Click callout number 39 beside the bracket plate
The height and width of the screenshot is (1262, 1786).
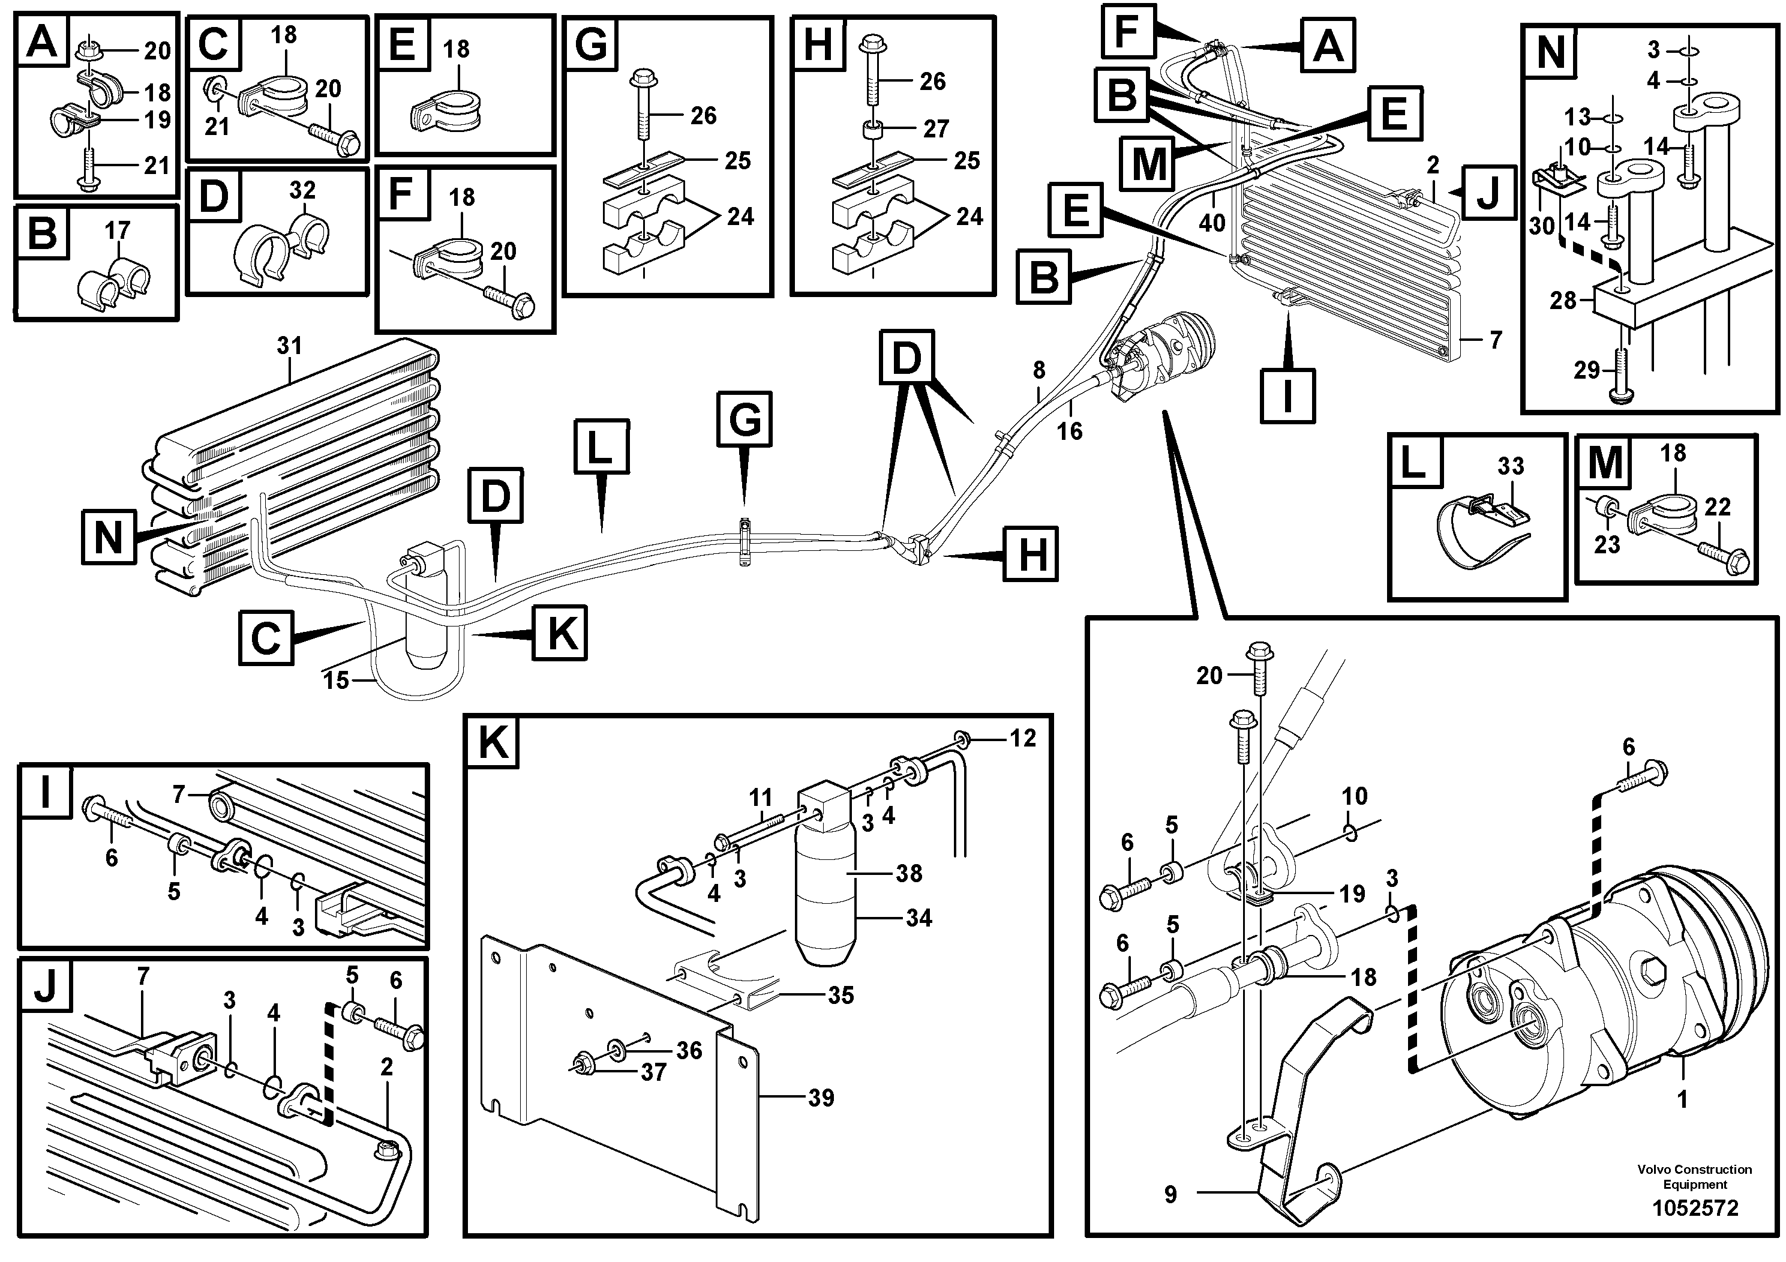(821, 1098)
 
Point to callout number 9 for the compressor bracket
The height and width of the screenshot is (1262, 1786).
(1170, 1194)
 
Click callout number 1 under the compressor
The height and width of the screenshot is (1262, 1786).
(1683, 1100)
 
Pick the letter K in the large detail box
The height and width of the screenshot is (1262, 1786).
(493, 742)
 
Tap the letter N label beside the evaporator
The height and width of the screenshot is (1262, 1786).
(108, 537)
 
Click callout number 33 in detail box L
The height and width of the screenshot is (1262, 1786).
(1511, 466)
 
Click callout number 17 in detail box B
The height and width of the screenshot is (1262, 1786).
(118, 230)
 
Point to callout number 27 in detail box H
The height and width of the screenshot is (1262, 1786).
(936, 128)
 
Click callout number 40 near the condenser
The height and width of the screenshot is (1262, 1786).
(1212, 223)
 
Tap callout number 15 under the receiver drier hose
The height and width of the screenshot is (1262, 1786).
(336, 680)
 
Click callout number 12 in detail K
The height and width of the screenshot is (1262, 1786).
(1023, 738)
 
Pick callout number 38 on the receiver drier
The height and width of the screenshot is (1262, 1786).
(908, 873)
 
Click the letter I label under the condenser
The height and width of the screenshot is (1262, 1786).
(1287, 396)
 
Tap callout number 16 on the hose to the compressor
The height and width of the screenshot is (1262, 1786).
(1070, 430)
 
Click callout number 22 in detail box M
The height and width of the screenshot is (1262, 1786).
(1717, 507)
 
